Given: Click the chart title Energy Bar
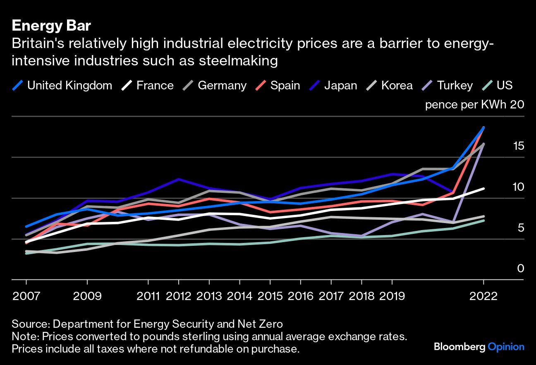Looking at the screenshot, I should pyautogui.click(x=51, y=26).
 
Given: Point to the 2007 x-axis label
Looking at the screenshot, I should pyautogui.click(x=26, y=296).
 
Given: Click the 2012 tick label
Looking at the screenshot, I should pyautogui.click(x=179, y=296).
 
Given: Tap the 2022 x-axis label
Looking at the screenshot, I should pyautogui.click(x=483, y=296).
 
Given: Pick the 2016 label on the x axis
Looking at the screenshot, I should pyautogui.click(x=301, y=296).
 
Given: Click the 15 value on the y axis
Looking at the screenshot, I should pyautogui.click(x=518, y=146).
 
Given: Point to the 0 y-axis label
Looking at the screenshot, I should pyautogui.click(x=521, y=269).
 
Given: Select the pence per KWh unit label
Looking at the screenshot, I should pyautogui.click(x=466, y=105).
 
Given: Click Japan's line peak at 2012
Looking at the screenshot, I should pyautogui.click(x=179, y=179).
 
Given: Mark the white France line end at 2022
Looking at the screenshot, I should pyautogui.click(x=483, y=189).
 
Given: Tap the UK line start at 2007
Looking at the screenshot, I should pyautogui.click(x=26, y=226).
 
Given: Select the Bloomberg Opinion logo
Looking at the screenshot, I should pyautogui.click(x=479, y=347).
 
